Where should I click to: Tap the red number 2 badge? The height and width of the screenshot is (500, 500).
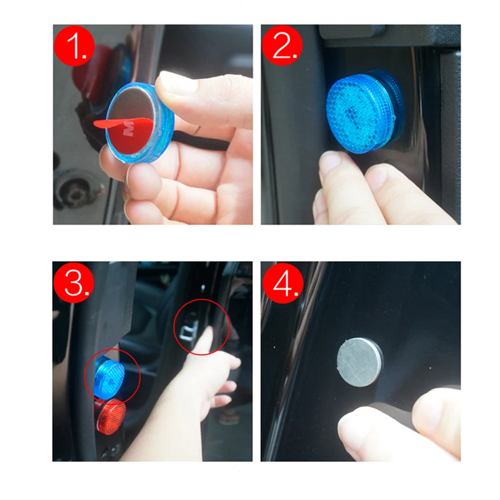(282, 46)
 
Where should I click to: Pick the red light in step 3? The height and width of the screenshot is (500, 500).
(111, 414)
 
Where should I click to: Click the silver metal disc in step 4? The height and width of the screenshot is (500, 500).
(359, 362)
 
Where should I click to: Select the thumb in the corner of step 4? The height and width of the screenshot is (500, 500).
(436, 420)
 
